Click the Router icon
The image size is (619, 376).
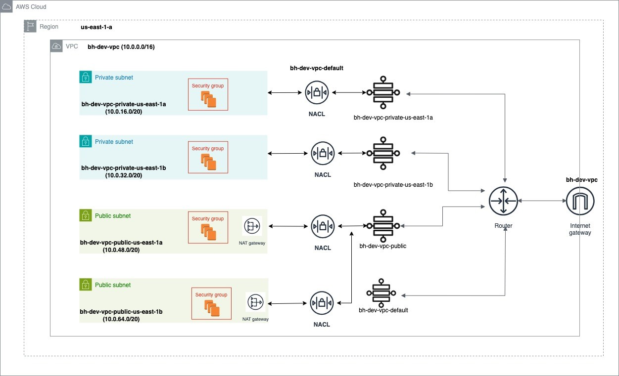tap(503, 201)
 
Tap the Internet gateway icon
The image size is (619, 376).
tap(580, 201)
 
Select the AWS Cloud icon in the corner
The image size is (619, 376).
tap(7, 7)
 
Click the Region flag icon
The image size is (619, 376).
tap(31, 27)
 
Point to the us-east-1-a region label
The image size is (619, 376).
tap(99, 27)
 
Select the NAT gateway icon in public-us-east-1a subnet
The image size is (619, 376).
tap(252, 226)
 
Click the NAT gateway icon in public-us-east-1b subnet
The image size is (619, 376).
tap(255, 302)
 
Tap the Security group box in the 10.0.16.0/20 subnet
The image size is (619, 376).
tap(208, 94)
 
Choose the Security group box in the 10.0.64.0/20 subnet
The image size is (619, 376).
tap(211, 303)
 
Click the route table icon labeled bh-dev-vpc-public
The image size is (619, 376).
tap(382, 226)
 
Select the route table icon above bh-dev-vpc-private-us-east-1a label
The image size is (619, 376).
tap(382, 92)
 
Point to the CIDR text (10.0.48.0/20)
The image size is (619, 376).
tap(121, 250)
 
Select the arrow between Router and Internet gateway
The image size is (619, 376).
tap(542, 201)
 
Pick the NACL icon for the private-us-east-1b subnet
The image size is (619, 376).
tap(323, 153)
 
